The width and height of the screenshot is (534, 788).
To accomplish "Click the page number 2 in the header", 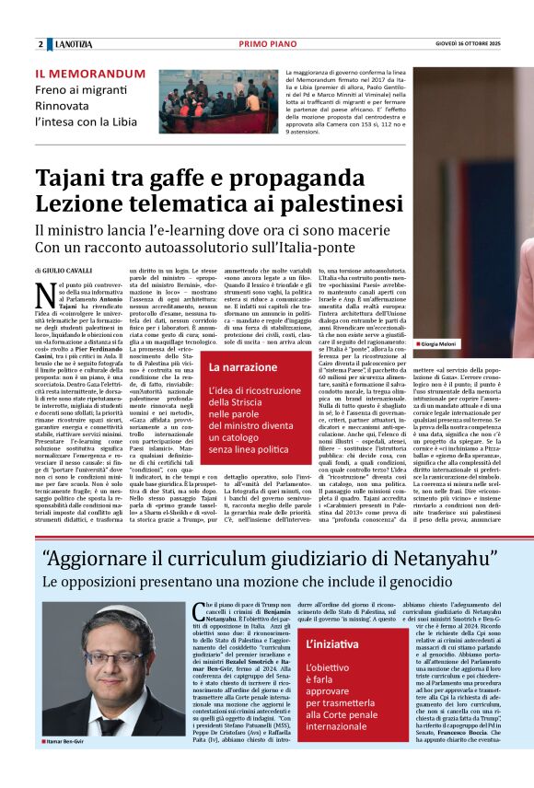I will point(41,44).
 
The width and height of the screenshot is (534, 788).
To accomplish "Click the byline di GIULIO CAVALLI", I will point(65,271).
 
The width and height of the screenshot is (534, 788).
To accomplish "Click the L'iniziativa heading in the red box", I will point(337,645).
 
